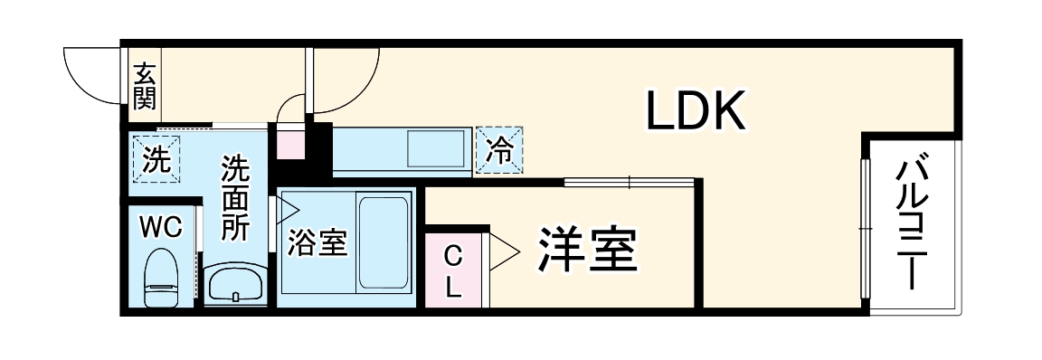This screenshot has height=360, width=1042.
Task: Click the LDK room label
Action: click(x=695, y=110)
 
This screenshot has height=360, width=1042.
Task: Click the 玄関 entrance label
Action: click(x=144, y=86)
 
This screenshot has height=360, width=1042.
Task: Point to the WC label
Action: click(x=161, y=227)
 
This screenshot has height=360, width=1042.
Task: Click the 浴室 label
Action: click(x=317, y=243)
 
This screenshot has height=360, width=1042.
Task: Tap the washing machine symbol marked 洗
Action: click(x=156, y=160)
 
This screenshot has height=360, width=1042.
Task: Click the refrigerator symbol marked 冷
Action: click(x=498, y=149)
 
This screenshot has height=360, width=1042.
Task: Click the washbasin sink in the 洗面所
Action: click(x=235, y=286)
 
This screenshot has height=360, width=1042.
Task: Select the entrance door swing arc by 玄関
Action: click(x=90, y=77)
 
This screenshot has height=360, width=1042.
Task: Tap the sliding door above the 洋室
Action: click(x=630, y=183)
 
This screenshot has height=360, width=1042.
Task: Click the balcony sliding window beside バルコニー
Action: click(x=865, y=226)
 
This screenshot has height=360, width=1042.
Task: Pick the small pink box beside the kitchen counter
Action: click(x=290, y=143)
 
